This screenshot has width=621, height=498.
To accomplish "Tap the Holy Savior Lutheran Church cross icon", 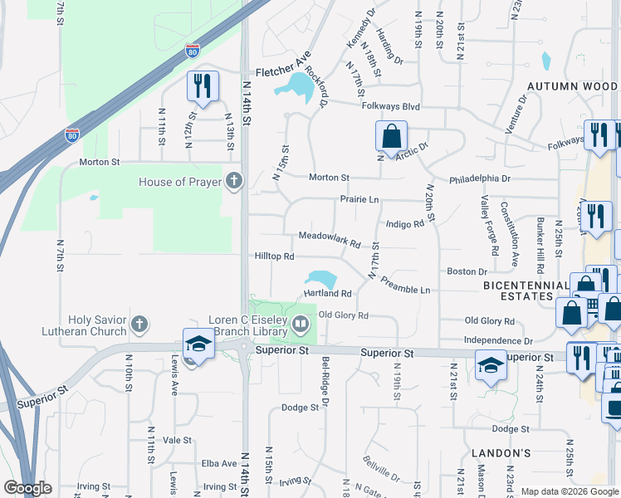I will [x=139, y=325].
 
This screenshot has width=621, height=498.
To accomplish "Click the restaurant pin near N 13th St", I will [x=203, y=85].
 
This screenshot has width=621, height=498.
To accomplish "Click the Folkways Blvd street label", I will [x=390, y=106].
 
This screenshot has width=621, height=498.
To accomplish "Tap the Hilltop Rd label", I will [x=275, y=256].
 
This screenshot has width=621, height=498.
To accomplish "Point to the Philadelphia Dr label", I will [x=480, y=178].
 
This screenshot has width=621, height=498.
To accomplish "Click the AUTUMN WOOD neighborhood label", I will [x=572, y=85].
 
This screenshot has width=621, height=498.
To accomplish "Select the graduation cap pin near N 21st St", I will [x=490, y=363].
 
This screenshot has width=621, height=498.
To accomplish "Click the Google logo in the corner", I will [x=27, y=488].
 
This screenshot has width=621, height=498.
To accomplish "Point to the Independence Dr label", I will [x=498, y=340].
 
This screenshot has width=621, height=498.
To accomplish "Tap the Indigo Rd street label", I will [x=405, y=223].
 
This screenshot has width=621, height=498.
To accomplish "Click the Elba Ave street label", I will [x=219, y=464].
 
